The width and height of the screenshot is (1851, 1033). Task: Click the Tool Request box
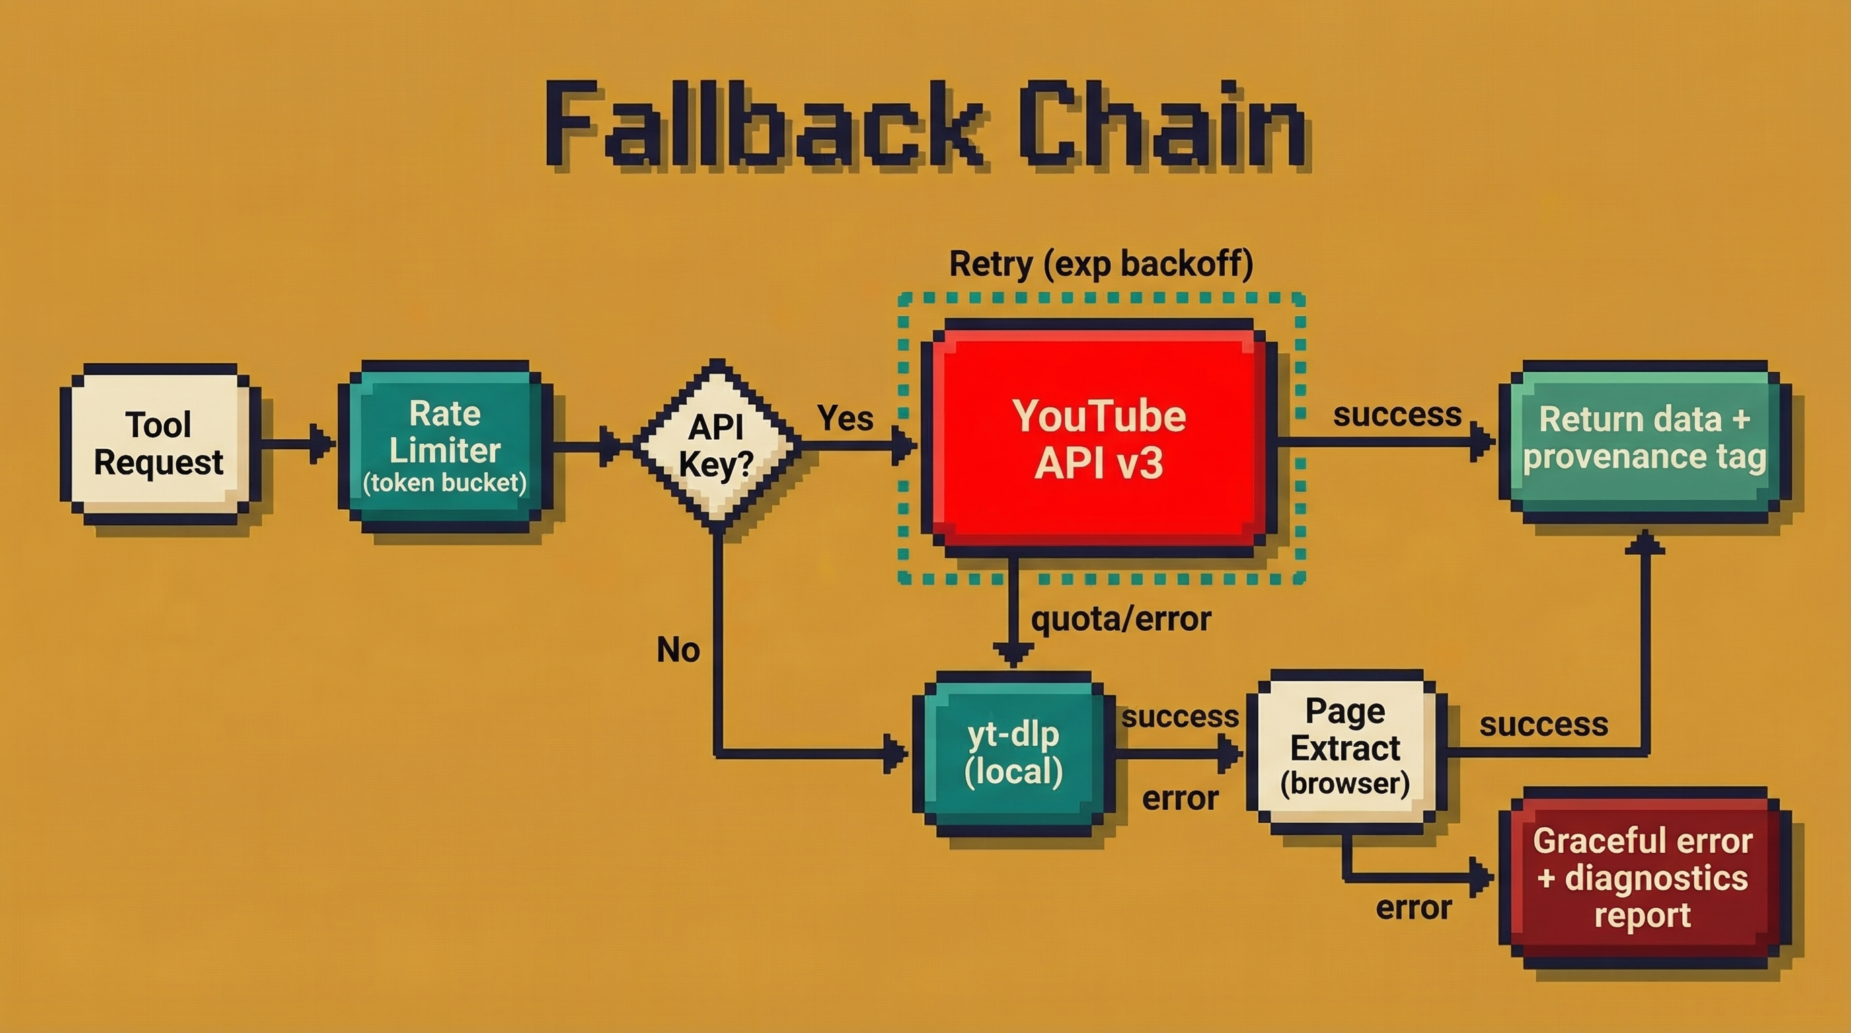[159, 444]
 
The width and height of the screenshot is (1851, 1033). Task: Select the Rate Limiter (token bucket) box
[445, 447]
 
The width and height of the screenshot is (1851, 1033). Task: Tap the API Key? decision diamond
[716, 445]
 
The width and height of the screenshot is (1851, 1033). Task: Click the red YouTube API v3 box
[1098, 438]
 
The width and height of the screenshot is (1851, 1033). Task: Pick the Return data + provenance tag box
[1644, 438]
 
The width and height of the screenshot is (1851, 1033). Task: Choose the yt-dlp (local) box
[1013, 753]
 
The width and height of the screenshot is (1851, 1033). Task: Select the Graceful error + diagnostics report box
[1642, 878]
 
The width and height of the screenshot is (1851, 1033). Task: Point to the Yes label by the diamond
[845, 418]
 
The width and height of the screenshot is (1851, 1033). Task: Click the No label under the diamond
[677, 650]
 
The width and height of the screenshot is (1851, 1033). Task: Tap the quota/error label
[1121, 619]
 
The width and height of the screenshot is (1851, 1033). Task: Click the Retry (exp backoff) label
[1101, 264]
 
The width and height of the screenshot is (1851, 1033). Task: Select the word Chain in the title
[1162, 126]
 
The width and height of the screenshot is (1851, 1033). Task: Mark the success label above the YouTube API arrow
[1397, 414]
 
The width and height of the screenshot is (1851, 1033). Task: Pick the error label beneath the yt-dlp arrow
[1180, 798]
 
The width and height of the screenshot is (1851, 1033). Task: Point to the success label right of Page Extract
[1544, 724]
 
